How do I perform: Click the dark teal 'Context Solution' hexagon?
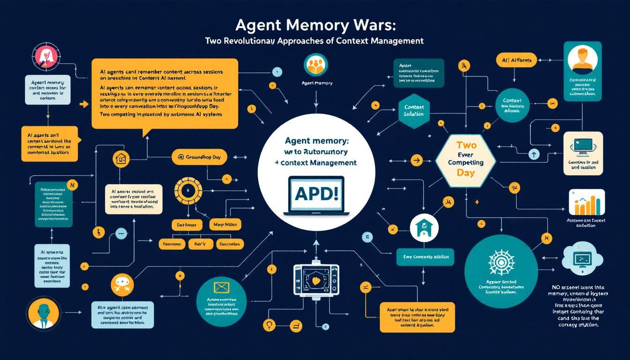tap(414, 111)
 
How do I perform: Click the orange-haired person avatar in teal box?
tap(582, 60)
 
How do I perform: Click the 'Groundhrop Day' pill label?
tap(199, 157)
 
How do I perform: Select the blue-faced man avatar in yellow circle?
tap(43, 314)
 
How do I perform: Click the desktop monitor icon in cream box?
tap(583, 147)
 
